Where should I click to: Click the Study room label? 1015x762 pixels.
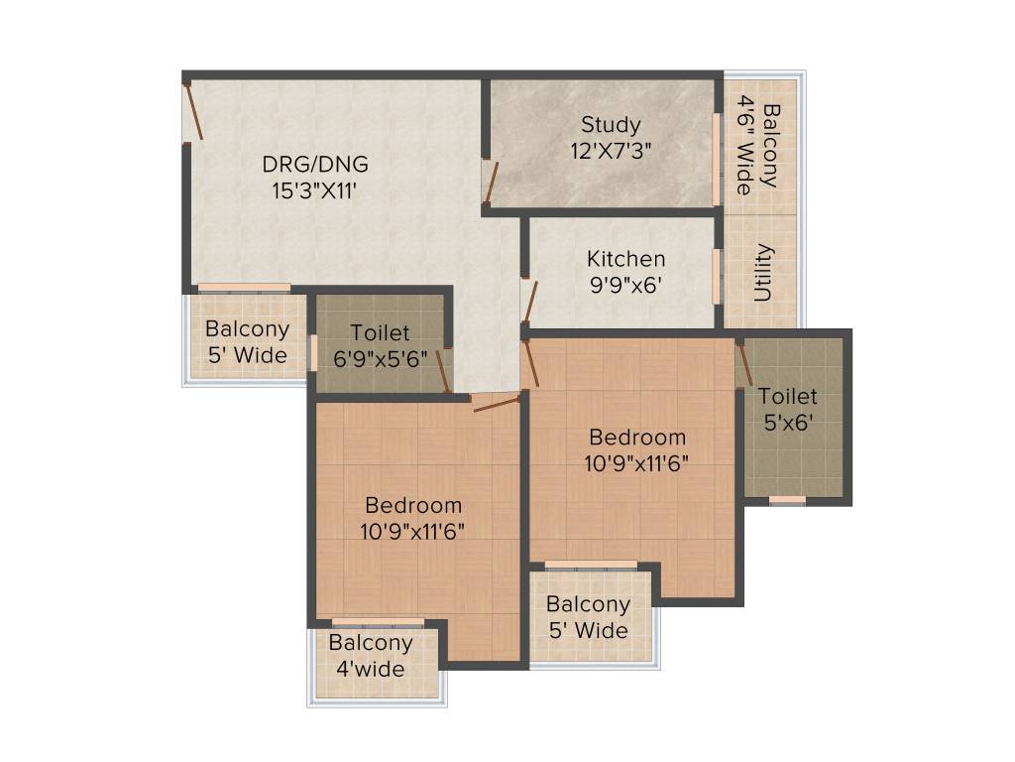coord(611,125)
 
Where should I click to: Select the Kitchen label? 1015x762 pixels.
coord(625,259)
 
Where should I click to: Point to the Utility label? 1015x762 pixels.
coord(764,272)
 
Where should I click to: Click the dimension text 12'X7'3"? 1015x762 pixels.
coord(611,151)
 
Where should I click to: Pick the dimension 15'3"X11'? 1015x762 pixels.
coord(313,190)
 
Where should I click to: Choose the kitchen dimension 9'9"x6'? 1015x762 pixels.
coord(624,285)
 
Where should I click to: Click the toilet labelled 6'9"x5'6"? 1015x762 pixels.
coord(380,346)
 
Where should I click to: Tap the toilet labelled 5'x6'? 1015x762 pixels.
coord(788,408)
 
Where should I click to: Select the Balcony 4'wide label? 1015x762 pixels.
coord(371,656)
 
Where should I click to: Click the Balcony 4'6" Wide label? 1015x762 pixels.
coord(757,148)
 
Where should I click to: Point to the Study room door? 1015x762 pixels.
coord(490,180)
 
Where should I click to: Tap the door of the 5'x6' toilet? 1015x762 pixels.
coord(743,365)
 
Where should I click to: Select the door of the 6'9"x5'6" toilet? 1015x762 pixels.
coord(444,371)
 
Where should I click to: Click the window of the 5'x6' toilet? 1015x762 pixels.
coord(787,499)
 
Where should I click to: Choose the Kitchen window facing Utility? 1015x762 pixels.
coord(717,275)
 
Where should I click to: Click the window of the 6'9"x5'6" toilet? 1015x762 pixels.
coord(312,352)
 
